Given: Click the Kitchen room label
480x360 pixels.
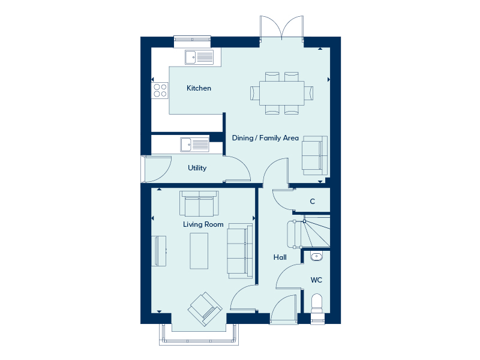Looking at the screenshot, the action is pos(199,88).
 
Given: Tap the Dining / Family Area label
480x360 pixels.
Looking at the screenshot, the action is pos(265,138).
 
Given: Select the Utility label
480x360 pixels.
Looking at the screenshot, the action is pos(197,168).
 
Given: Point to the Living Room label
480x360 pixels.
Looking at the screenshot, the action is pos(203,224).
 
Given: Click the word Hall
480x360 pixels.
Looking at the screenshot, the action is pos(280,257).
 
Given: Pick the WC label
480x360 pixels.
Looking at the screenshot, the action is pos(316,280).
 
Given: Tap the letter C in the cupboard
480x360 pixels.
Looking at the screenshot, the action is pos(312,202).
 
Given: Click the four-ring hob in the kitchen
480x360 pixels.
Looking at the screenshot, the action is pos(160,91).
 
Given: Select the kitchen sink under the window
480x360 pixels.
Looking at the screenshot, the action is pos(199,58).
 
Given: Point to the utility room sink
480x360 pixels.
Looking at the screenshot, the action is pos(194,145).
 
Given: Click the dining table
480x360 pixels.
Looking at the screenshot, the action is pos(281,93).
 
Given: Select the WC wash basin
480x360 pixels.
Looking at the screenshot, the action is pos(316,256).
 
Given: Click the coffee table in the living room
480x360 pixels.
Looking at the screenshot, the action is pos(199,251).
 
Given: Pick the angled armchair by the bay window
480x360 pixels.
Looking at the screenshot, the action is pos(205,308).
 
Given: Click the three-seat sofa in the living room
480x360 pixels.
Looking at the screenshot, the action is pos(240,251).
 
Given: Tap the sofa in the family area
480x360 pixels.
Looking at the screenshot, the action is pos(314,155).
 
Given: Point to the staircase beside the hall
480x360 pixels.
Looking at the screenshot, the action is pos(308,233).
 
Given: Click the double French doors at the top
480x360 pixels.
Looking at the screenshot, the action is pos(281,28).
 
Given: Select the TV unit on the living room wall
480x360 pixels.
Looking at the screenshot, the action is pos(159,251).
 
